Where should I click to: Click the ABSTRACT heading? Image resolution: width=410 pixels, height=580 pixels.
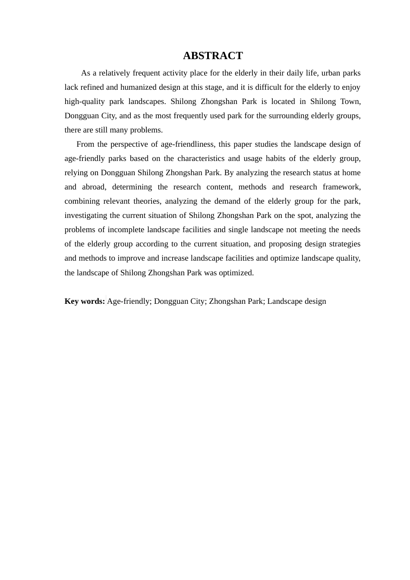(x=213, y=56)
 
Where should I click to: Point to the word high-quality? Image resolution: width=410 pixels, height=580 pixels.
(x=85, y=101)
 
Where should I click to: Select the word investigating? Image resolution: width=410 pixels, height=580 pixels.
(x=86, y=215)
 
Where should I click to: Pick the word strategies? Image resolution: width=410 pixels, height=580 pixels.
(x=344, y=244)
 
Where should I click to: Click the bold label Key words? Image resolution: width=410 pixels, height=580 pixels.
(x=85, y=301)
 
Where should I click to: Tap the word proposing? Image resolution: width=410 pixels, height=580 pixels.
(x=287, y=244)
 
